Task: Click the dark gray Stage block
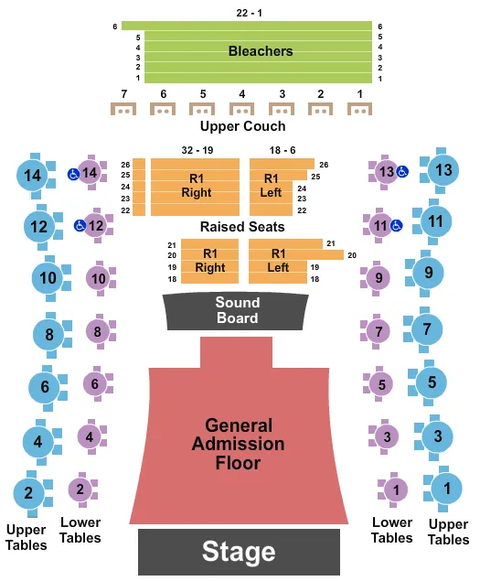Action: point(239,552)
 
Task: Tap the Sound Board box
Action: point(238,311)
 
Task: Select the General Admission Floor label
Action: point(239,445)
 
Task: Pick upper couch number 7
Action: point(123,110)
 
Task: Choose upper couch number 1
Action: point(360,110)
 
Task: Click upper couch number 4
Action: point(242,110)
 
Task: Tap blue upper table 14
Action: point(35,175)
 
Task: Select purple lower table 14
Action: point(91,172)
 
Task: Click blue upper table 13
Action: point(443,170)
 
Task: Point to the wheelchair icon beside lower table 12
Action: point(80,225)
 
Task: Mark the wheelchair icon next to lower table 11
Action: point(396,224)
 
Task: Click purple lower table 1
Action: point(395,490)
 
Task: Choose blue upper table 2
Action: point(29,494)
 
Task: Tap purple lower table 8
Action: point(98,331)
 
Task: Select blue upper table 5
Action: point(432,382)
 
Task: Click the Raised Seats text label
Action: point(242,226)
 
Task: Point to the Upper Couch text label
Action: point(242,126)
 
